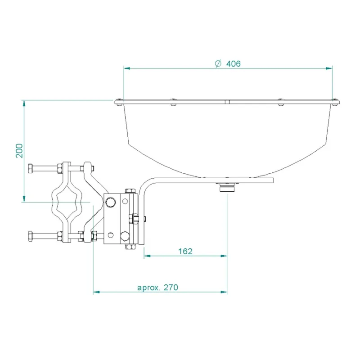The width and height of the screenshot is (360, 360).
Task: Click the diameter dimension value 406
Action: click(x=233, y=63)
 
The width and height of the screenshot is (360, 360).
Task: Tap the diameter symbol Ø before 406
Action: click(x=218, y=63)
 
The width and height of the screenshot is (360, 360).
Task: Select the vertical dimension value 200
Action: click(x=18, y=151)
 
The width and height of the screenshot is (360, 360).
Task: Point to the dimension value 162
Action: click(x=185, y=251)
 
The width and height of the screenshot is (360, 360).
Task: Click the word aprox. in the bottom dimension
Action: click(x=149, y=288)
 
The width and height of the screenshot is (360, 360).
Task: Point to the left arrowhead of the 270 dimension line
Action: click(x=96, y=292)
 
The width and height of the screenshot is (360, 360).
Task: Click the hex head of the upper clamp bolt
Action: click(x=31, y=169)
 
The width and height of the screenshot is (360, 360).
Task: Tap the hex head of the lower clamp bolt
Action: click(x=31, y=235)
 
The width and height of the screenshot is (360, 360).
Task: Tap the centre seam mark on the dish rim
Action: click(x=228, y=102)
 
